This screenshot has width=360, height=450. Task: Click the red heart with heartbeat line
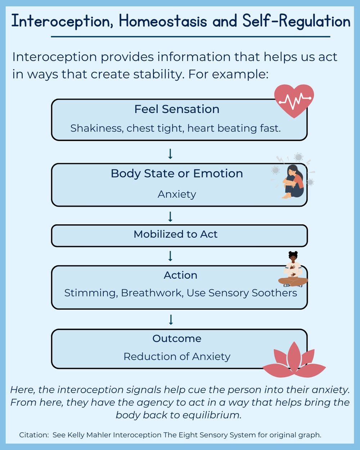[x=294, y=100]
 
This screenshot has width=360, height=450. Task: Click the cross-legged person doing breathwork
[x=293, y=270]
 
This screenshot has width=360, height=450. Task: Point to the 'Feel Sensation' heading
[x=177, y=109]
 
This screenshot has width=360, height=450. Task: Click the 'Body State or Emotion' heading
[x=177, y=174]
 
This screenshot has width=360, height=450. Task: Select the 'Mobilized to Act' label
[x=176, y=234]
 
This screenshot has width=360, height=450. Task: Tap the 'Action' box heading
[x=180, y=275]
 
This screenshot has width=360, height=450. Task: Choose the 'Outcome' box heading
[x=177, y=339]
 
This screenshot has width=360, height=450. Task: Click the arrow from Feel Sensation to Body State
[x=171, y=154]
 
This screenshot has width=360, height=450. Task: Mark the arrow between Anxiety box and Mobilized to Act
[x=171, y=217]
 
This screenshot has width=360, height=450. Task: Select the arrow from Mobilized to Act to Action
[x=171, y=256]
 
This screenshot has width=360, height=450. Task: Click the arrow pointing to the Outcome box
[x=171, y=320]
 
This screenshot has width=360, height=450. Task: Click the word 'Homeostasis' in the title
[x=163, y=22]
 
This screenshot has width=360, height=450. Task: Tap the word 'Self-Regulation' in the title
[x=296, y=22]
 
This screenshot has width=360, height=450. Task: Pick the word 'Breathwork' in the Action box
[x=152, y=293]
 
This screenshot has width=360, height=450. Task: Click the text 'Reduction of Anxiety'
[x=177, y=357]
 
